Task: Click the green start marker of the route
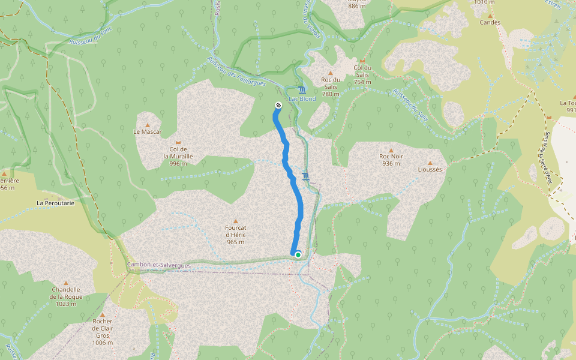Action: coord(298,254)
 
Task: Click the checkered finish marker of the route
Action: coord(278,106)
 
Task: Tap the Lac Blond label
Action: coord(302,99)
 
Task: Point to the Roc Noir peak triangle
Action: coord(391,151)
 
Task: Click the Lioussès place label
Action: coord(430,170)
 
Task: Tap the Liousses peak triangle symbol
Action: coord(430,163)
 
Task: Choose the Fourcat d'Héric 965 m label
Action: coord(235,235)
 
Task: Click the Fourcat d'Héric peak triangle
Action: coord(235,221)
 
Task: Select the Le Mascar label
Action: coord(147,131)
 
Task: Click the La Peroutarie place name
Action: coord(55,203)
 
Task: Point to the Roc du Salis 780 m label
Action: coord(331,86)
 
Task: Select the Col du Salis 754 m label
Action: coord(363,75)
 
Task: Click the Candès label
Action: coord(490,22)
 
